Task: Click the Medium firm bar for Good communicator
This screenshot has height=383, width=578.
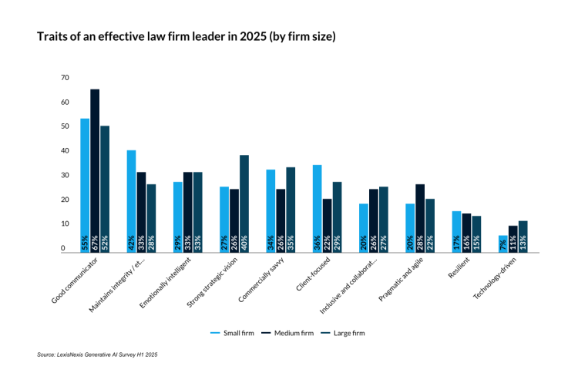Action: pos(95,170)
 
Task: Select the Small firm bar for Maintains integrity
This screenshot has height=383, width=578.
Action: pos(131,201)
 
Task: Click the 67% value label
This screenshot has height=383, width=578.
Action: pos(95,240)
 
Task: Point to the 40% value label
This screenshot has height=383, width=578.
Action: pos(244,240)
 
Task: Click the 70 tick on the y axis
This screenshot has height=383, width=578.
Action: pos(65,78)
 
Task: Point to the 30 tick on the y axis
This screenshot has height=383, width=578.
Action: pos(65,176)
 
